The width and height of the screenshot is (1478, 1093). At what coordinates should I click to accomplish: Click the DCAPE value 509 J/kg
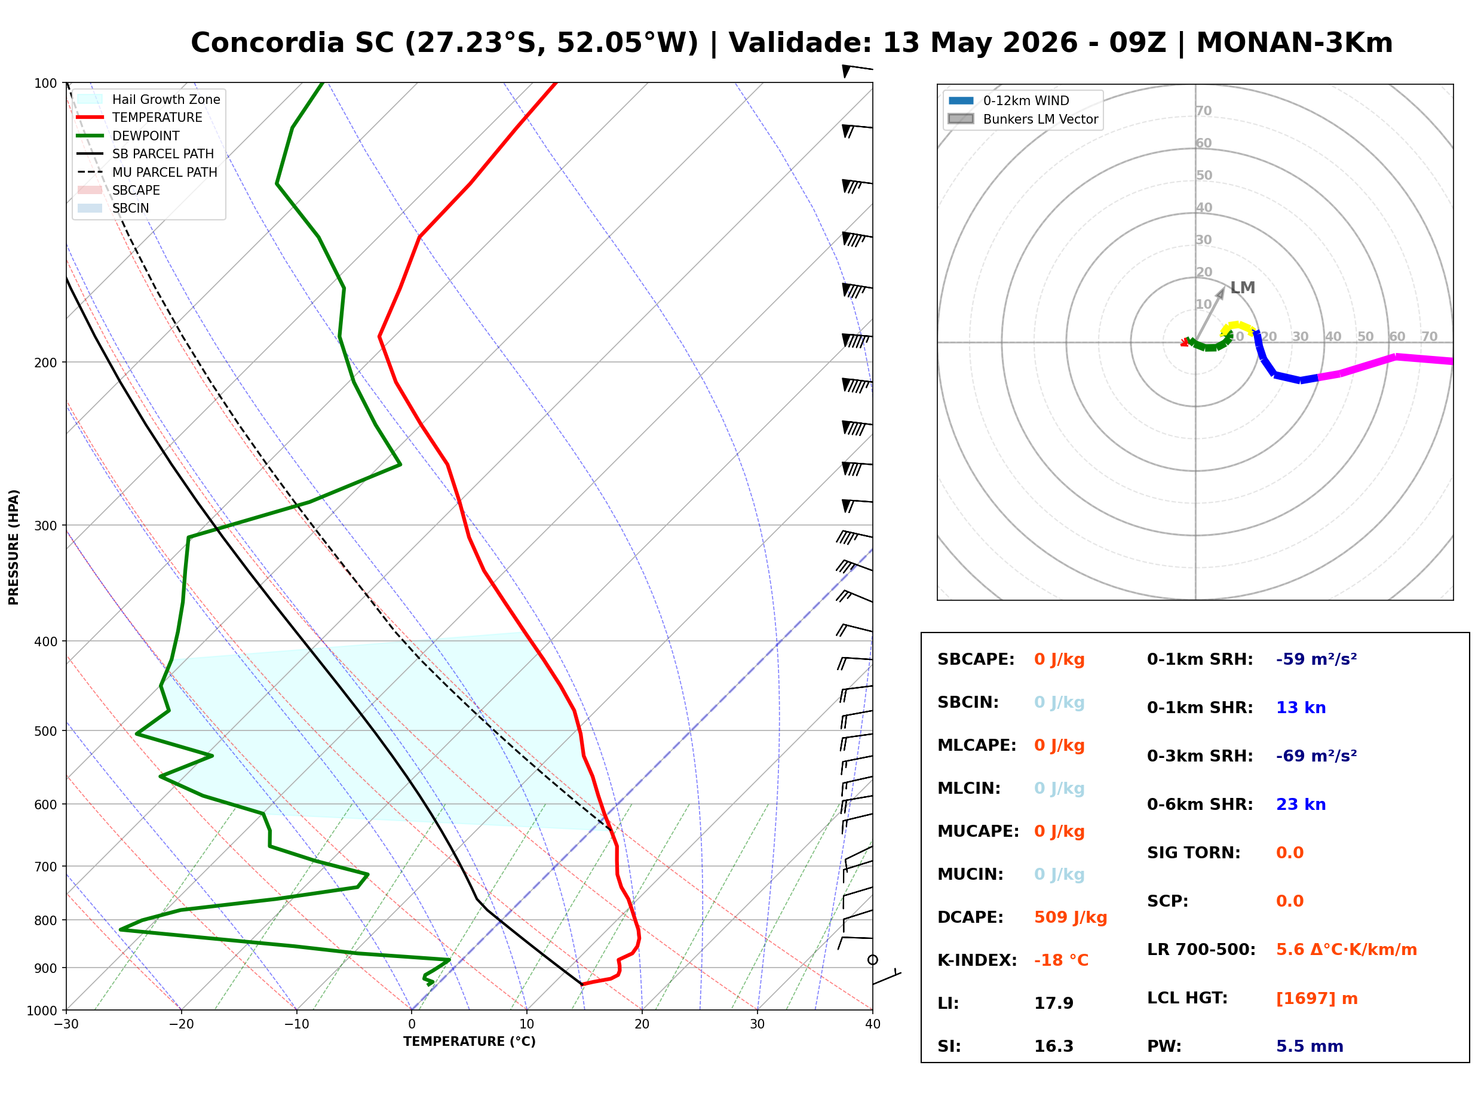coord(1071,917)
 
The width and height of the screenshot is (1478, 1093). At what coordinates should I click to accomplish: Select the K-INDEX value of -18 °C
coord(1061,960)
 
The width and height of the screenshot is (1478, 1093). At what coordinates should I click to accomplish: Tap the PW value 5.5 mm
coord(1310,1046)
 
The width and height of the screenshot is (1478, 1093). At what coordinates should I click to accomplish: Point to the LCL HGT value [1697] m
coord(1317,999)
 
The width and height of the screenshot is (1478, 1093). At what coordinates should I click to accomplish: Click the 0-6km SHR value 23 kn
coord(1301,805)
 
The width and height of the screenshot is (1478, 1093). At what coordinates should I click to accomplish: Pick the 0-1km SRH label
coord(1200,659)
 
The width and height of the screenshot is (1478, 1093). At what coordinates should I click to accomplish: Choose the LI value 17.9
coord(1054,1003)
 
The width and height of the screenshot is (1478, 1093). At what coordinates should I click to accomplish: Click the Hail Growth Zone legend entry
coord(149,99)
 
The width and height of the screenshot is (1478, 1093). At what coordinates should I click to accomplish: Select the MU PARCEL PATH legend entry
coord(147,172)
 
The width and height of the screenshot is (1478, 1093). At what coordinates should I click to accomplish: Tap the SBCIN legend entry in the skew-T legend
coord(113,208)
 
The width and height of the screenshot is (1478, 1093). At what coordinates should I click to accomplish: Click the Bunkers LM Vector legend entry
coord(1023,119)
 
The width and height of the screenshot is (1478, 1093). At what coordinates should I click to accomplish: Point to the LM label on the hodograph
coord(1243,288)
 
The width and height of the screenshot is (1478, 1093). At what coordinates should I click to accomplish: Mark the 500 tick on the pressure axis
coord(45,731)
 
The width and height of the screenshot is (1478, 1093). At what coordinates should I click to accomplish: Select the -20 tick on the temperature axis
coord(181,1025)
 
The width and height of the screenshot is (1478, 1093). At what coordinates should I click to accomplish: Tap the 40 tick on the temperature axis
coord(873,1025)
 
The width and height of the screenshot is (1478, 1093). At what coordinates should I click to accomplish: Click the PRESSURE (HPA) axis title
coord(14,547)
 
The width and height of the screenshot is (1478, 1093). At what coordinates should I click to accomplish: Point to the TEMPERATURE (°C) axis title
coord(470,1042)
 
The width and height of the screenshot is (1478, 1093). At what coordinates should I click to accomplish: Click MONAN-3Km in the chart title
coord(1294,43)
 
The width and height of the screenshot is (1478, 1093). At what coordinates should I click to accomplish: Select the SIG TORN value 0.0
coord(1289,853)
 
